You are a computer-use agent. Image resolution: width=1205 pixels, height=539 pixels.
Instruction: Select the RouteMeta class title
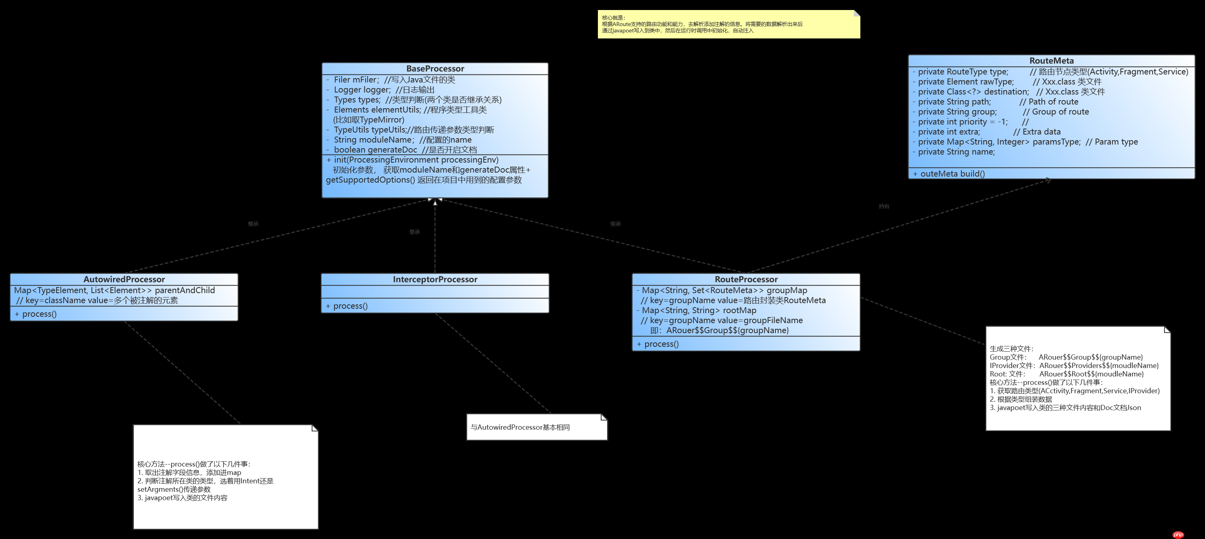pyautogui.click(x=1051, y=61)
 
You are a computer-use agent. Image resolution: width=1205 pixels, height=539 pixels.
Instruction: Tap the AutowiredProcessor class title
pyautogui.click(x=124, y=280)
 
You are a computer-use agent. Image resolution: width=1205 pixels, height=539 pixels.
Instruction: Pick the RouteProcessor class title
pyautogui.click(x=746, y=280)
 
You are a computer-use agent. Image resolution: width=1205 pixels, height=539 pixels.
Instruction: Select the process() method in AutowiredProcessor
pyautogui.click(x=39, y=314)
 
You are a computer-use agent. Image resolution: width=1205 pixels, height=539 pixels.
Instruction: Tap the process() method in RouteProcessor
pyautogui.click(x=661, y=344)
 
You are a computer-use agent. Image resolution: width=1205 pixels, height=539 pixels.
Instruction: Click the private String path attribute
pyautogui.click(x=954, y=102)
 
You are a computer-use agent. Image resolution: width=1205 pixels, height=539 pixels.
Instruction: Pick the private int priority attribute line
pyautogui.click(x=962, y=122)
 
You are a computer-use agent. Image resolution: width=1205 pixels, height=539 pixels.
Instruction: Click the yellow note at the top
pyautogui.click(x=729, y=24)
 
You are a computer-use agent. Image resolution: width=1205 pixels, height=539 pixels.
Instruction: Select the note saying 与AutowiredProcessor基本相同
pyautogui.click(x=537, y=427)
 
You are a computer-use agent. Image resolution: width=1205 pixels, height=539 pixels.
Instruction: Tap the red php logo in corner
pyautogui.click(x=1178, y=535)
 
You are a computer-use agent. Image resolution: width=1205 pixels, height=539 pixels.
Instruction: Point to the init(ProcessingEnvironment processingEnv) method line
pyautogui.click(x=416, y=160)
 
